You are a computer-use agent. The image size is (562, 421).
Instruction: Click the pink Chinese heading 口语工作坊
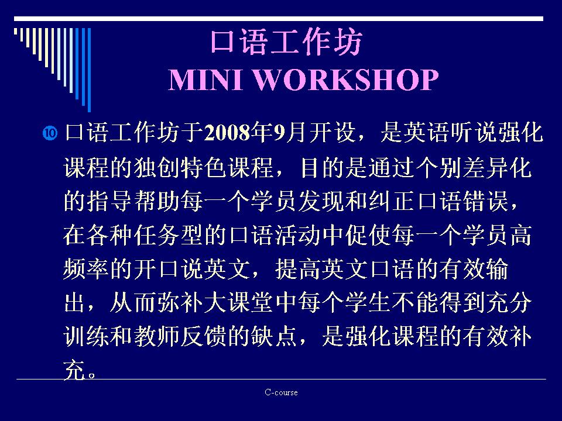tap(286, 42)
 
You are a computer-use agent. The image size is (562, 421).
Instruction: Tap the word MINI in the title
tap(205, 80)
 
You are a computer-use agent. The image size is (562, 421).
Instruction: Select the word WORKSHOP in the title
tap(346, 80)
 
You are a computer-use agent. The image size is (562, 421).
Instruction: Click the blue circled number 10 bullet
tap(50, 133)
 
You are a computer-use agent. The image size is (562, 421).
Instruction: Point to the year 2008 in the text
tap(227, 133)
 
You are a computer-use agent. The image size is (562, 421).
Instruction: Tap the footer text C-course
tap(281, 392)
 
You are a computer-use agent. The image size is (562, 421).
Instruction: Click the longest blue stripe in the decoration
tap(89, 70)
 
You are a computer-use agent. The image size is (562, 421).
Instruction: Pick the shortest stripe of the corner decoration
tap(15, 31)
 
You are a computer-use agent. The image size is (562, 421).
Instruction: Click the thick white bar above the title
tap(279, 19)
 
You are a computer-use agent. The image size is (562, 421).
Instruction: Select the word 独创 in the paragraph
tap(157, 167)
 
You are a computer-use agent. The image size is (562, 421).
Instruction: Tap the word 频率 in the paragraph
tap(86, 269)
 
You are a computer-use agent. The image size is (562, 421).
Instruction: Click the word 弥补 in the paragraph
tap(180, 303)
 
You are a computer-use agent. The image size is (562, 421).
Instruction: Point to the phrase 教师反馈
tap(180, 337)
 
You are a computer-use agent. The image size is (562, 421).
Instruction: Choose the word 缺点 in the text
tap(274, 337)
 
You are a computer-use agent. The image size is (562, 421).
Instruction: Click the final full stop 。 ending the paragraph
tap(92, 375)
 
